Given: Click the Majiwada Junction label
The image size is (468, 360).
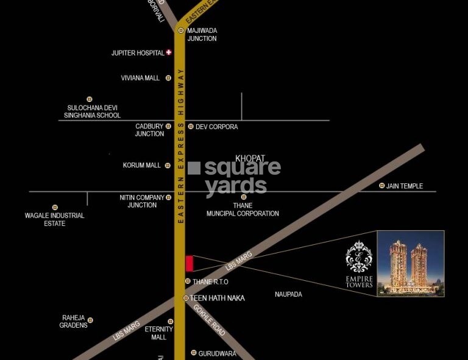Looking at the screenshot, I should point(202,34).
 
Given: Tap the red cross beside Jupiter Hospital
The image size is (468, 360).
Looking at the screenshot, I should point(169,52).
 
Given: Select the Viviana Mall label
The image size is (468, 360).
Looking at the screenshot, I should point(140,78).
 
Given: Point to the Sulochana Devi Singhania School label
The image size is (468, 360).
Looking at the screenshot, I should point(94,111).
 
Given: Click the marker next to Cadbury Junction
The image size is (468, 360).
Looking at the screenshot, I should point(168,127).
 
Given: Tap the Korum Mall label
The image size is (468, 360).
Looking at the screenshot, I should point(142,165).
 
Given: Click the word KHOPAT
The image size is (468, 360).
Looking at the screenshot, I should point(250,158).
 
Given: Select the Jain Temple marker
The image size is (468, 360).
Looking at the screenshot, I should point(382,186).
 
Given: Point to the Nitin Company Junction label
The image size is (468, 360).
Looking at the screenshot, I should point(142,201).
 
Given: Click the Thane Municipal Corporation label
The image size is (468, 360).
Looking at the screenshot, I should point(243,210).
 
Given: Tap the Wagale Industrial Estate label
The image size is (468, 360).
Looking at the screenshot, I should point(54,219).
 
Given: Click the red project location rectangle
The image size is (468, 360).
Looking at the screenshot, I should point(190,263).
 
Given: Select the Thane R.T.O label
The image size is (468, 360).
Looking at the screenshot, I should point(210,282).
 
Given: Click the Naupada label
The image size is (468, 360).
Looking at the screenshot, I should point(288,294).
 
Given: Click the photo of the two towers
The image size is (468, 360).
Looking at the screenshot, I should point(410,263).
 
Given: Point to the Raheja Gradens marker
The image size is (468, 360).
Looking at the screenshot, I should point(90,320).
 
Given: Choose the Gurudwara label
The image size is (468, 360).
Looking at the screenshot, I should point(218,353).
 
